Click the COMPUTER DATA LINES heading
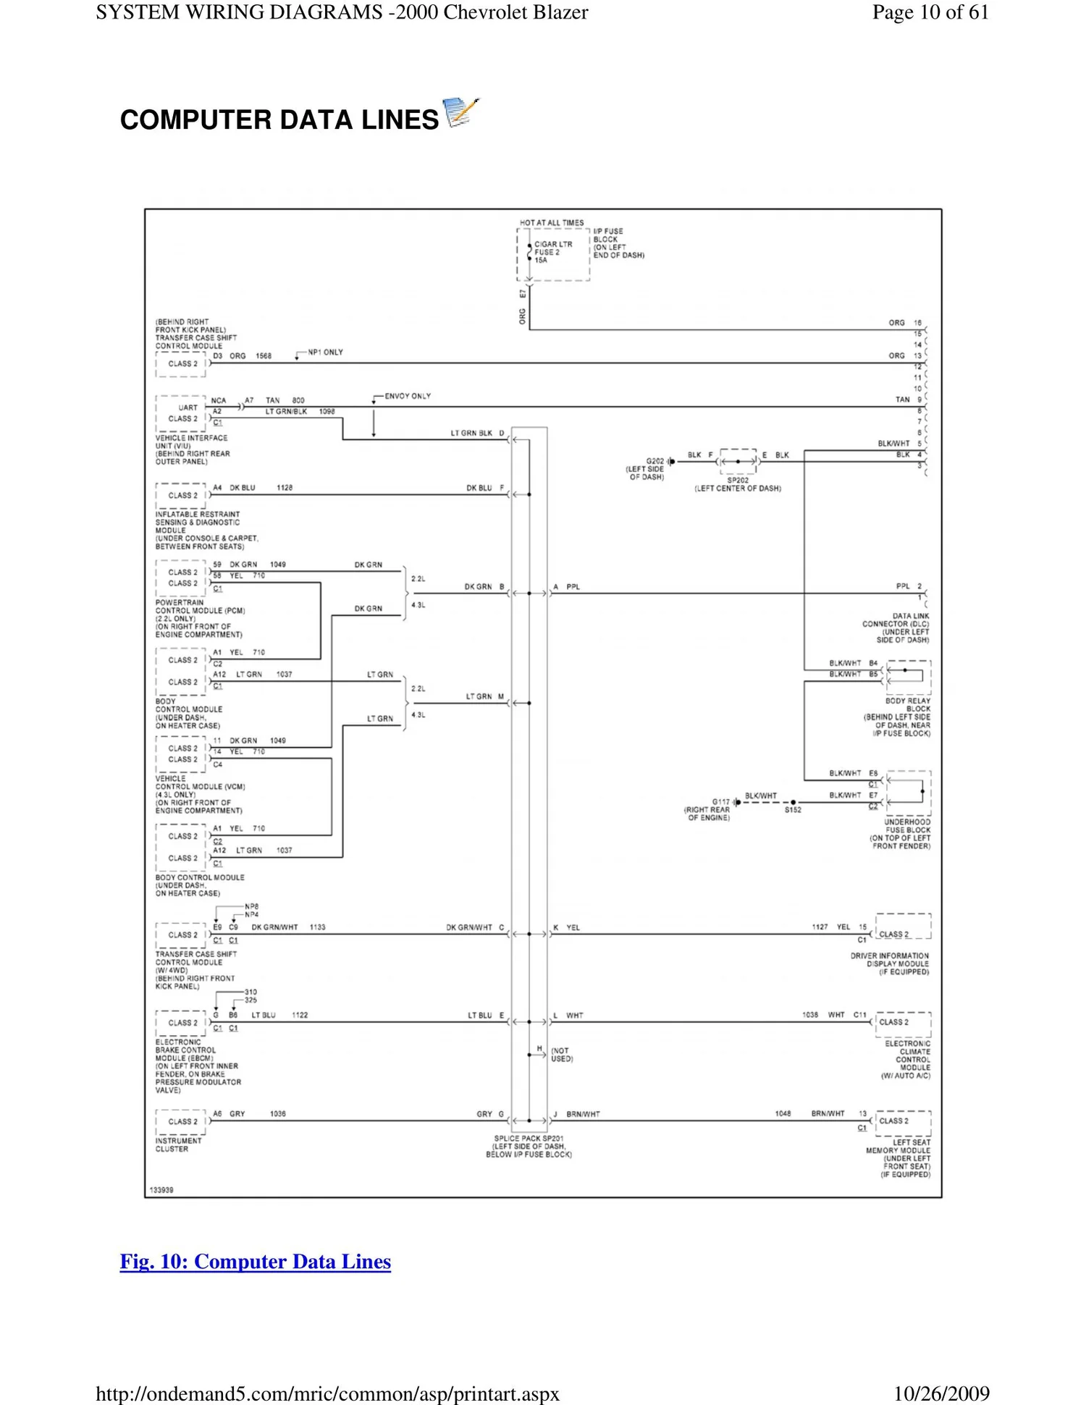tap(279, 119)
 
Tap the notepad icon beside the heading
tap(461, 112)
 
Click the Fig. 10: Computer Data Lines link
tap(256, 1262)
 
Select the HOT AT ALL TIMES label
tap(551, 223)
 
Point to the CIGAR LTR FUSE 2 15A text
tap(552, 252)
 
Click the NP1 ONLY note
tap(325, 353)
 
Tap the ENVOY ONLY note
tap(408, 396)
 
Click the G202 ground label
tap(654, 461)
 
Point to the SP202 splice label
tap(737, 481)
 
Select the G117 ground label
tap(720, 802)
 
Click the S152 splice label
tap(793, 810)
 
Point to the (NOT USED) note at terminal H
tap(562, 1055)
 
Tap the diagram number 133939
tap(161, 1190)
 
